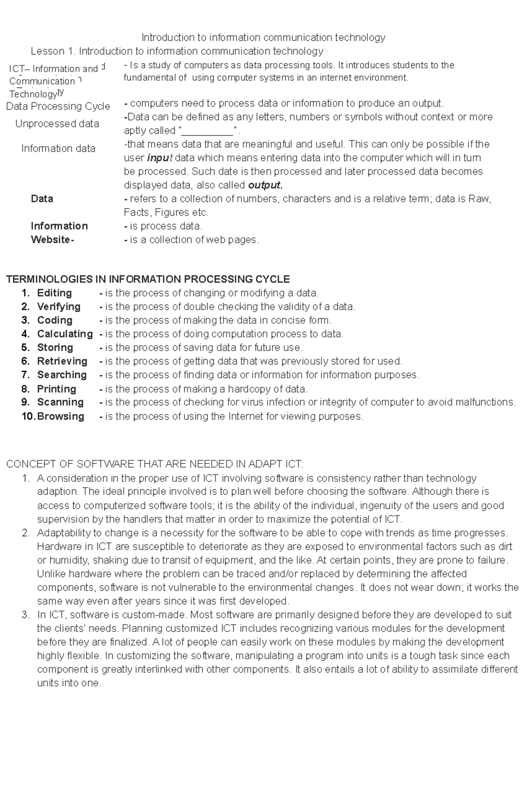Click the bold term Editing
(54, 293)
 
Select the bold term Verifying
(58, 307)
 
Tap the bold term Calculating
(65, 334)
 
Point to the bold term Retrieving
(62, 361)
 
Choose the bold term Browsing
(61, 416)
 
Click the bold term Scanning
(60, 402)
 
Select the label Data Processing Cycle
(58, 106)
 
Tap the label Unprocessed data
(57, 124)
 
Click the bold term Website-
(52, 240)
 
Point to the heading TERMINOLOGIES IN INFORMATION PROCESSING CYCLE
(148, 279)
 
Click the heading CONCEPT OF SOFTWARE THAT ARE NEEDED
(154, 464)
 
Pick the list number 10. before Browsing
(29, 416)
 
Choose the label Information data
(58, 149)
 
